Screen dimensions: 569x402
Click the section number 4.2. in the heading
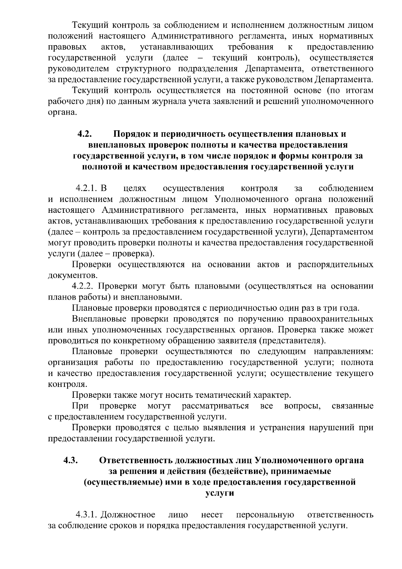[x=85, y=134]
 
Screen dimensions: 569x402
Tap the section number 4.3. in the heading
[x=71, y=460]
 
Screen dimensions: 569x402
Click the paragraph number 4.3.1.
[x=86, y=514]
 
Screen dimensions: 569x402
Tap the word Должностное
[x=128, y=514]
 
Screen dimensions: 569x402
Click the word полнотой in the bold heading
[x=99, y=167]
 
